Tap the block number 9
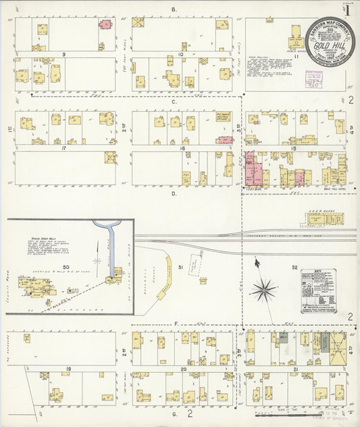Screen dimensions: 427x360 [x=63, y=53]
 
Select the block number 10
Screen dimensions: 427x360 [x=181, y=53]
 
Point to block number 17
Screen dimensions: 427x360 [x=63, y=147]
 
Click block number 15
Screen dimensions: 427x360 [x=293, y=147]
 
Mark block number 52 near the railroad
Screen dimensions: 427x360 [x=294, y=268]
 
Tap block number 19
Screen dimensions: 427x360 [x=68, y=369]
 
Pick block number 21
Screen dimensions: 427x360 [x=295, y=370]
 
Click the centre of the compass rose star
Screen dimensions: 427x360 [x=263, y=291]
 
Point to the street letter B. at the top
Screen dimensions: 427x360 [x=174, y=9]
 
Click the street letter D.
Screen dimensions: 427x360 [x=174, y=194]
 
